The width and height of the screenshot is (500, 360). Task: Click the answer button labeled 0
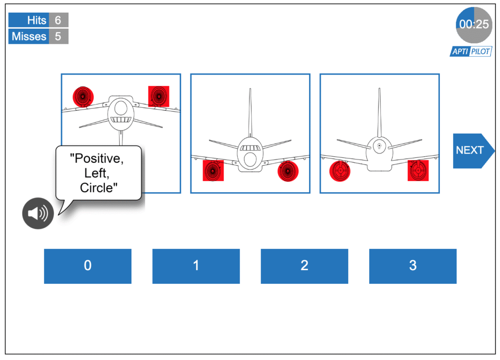[x=87, y=266]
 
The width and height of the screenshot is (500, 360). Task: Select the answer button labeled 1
[x=196, y=266]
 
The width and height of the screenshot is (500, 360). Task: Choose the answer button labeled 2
[x=304, y=266]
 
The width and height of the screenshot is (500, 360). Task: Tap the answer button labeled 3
[x=413, y=266]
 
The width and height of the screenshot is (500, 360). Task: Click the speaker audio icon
[x=38, y=213]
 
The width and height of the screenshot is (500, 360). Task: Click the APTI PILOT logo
[x=470, y=51]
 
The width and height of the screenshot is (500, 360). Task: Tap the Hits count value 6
[x=58, y=20]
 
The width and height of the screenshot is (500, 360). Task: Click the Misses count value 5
[x=58, y=36]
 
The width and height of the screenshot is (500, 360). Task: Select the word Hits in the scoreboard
[x=37, y=20]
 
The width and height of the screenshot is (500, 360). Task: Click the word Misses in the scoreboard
[x=29, y=36]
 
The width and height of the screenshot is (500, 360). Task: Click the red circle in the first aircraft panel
[x=83, y=97]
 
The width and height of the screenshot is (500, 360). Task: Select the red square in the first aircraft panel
[x=159, y=96]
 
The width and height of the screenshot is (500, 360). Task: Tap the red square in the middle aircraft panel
[x=213, y=171]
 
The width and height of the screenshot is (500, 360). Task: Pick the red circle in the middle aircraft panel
[x=288, y=171]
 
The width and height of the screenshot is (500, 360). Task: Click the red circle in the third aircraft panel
[x=339, y=171]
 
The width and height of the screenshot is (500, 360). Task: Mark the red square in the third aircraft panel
[x=418, y=170]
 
